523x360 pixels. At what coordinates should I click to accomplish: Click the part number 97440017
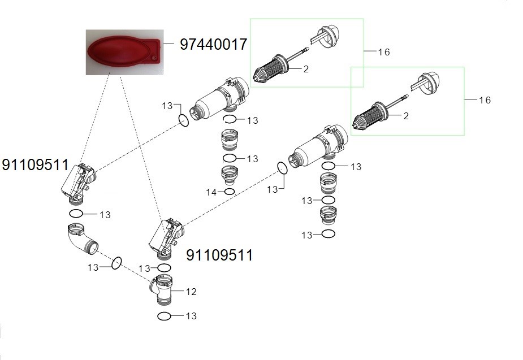214,44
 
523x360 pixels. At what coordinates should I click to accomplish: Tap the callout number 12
191,292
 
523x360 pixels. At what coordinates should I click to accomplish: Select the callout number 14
211,192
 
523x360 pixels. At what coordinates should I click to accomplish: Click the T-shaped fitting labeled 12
162,289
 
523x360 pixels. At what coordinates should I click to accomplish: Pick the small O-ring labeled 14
230,192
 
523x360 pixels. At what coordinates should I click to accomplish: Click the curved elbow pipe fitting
82,238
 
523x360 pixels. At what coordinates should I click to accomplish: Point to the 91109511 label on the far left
35,164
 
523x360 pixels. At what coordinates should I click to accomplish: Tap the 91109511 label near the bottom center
219,255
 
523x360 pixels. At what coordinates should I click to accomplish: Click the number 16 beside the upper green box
384,52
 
